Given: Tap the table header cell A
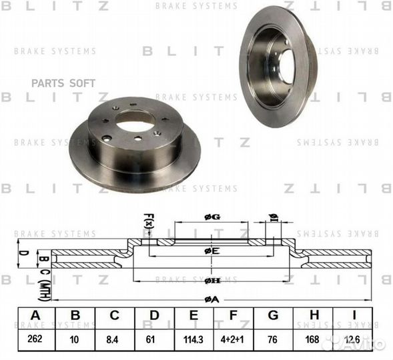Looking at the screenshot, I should tap(34, 315).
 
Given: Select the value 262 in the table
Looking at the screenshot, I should tap(34, 339).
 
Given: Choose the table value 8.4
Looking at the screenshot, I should tap(115, 339).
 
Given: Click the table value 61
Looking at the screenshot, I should tap(155, 339).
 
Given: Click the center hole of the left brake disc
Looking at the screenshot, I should tap(135, 123).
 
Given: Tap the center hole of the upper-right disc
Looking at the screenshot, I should tap(288, 67).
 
